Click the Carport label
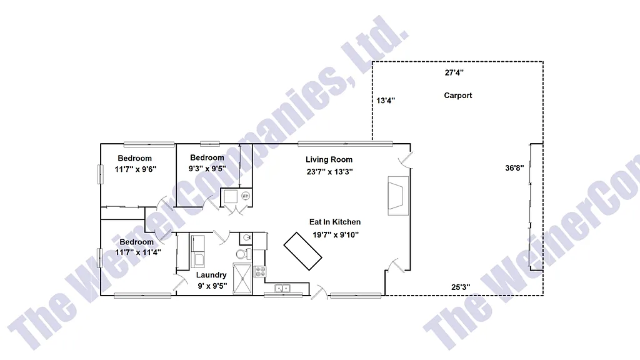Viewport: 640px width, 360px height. (x=458, y=96)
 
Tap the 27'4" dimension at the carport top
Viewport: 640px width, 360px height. (x=454, y=72)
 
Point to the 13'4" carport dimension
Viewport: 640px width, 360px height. (x=386, y=100)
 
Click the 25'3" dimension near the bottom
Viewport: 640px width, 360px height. (x=461, y=287)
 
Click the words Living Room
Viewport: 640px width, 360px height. (x=329, y=160)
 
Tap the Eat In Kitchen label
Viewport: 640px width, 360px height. (x=335, y=222)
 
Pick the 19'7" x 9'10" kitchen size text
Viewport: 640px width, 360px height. (x=336, y=235)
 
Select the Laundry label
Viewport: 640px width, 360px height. (x=211, y=275)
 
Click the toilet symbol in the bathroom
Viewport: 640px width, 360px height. (x=241, y=254)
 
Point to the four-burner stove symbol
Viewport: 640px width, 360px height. (x=260, y=271)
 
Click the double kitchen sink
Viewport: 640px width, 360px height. (x=283, y=288)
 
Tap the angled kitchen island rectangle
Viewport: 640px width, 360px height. (x=304, y=252)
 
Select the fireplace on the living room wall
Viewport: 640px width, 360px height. (x=397, y=194)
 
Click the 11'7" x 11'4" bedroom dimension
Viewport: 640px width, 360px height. (x=138, y=252)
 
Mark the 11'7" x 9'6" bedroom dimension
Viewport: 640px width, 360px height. (x=135, y=169)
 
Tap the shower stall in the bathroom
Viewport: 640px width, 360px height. (x=241, y=279)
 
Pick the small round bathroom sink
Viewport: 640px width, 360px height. (x=246, y=237)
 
